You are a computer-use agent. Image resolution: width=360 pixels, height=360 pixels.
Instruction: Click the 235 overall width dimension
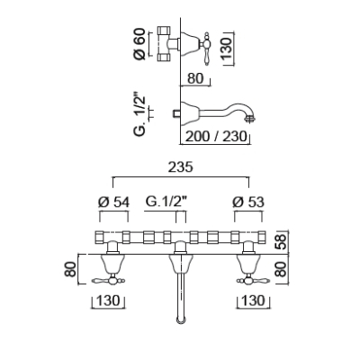pos(180,167)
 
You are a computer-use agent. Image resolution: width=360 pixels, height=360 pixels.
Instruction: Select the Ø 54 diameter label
pos(113,202)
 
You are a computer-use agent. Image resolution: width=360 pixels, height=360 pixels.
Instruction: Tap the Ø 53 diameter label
pos(248,202)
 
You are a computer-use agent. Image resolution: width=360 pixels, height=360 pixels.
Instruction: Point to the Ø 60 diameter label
pos(139,44)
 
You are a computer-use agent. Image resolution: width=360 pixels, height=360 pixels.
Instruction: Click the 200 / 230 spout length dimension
pos(216,137)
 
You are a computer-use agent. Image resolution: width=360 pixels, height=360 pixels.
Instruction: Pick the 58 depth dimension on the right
pos(282,242)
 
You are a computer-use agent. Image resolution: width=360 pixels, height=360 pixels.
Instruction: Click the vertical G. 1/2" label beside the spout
pos(140,116)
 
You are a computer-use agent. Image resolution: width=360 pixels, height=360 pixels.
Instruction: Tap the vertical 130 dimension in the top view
pos(228,48)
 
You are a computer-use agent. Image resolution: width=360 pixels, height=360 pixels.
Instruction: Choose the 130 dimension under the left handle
pos(108,301)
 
